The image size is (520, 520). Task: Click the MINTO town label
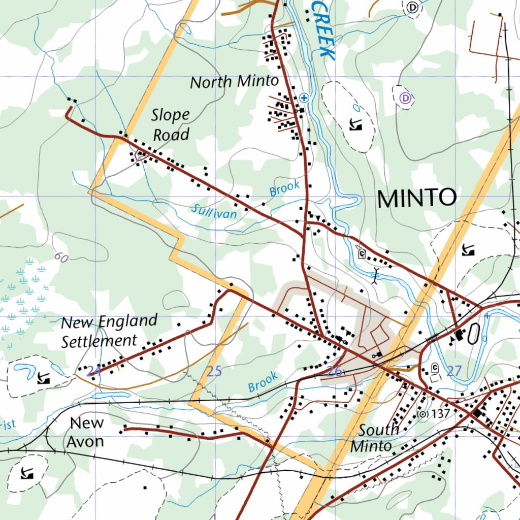tap(416, 198)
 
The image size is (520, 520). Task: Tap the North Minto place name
tap(234, 82)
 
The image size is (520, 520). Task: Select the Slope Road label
tap(171, 125)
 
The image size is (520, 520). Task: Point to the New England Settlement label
tap(109, 331)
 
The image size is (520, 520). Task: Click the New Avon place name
tap(86, 432)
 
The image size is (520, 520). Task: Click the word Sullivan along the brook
tap(214, 211)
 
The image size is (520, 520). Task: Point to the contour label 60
tap(61, 258)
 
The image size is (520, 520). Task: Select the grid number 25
tap(214, 371)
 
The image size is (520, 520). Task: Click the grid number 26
tap(334, 371)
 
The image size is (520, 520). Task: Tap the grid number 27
tap(453, 371)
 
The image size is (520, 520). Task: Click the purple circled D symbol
tap(405, 99)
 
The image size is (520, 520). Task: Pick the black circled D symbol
tap(413, 7)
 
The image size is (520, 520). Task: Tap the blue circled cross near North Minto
tap(304, 97)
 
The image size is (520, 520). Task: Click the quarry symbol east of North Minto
tap(355, 124)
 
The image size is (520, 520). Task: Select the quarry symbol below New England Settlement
tap(44, 377)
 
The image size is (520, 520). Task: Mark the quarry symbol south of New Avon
tap(26, 474)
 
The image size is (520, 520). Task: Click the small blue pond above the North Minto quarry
tap(356, 108)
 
